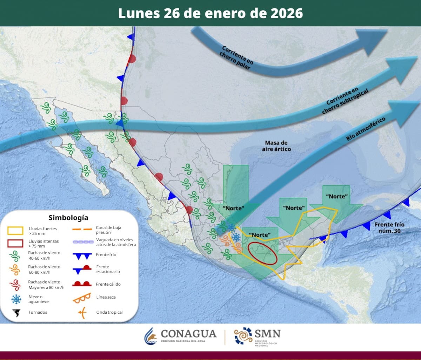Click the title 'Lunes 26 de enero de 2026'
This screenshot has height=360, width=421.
[210, 13]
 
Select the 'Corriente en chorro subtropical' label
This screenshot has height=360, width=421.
[345, 102]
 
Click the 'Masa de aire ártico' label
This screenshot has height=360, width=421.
[276, 146]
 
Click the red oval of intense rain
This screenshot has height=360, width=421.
[262, 253]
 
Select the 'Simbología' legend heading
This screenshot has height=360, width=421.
[68, 218]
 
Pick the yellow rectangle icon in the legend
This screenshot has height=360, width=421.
[15, 230]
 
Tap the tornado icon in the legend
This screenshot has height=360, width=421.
[16, 312]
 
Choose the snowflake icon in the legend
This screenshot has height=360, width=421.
[16, 299]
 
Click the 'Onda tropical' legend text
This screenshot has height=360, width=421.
[109, 312]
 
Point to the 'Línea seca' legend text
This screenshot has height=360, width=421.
[106, 297]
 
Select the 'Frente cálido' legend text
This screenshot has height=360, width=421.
[108, 284]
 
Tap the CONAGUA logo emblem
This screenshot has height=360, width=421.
[151, 336]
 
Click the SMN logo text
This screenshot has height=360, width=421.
[268, 333]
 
